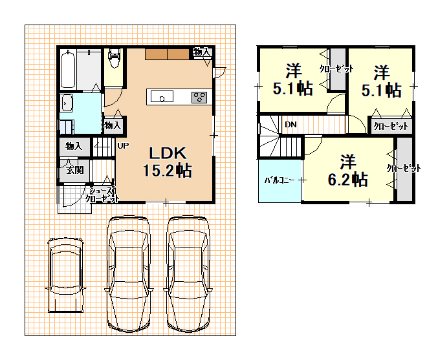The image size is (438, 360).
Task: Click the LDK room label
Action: click(x=168, y=153)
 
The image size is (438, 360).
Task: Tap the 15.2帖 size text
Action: click(x=168, y=171)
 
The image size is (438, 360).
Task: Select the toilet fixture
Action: click(x=115, y=58)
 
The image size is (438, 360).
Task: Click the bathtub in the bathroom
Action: click(x=68, y=69)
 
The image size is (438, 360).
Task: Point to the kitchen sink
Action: click(x=162, y=96)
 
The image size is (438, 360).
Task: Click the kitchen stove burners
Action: click(x=199, y=98)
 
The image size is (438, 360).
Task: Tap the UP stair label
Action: click(x=123, y=145)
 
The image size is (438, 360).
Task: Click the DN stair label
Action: click(x=290, y=125)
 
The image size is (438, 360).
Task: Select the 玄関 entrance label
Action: click(x=75, y=170)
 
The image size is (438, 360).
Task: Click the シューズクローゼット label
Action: click(x=102, y=195)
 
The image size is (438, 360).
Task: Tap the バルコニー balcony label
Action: click(x=279, y=180)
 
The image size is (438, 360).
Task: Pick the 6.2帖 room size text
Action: click(x=347, y=180)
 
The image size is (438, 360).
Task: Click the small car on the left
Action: click(x=66, y=275)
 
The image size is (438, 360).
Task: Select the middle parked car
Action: click(x=128, y=274)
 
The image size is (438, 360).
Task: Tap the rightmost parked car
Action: click(x=188, y=274)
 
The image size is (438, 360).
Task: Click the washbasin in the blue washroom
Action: click(x=67, y=103)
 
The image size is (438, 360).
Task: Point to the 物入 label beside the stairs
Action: click(x=74, y=146)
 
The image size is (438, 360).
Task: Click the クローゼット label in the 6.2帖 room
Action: click(x=404, y=168)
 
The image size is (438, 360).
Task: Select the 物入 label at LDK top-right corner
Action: click(x=202, y=52)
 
